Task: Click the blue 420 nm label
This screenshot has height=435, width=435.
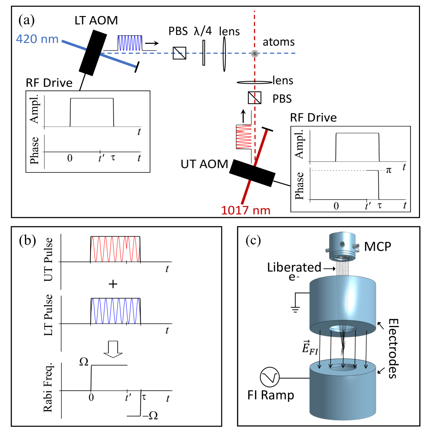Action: (37, 39)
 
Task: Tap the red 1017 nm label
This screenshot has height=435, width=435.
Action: (245, 210)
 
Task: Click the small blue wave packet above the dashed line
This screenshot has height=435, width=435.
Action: (130, 43)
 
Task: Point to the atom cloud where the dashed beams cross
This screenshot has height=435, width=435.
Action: (254, 53)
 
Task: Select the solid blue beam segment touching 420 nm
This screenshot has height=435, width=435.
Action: (74, 45)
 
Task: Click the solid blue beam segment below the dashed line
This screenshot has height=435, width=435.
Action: (118, 60)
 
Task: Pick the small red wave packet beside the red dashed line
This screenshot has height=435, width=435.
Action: (244, 137)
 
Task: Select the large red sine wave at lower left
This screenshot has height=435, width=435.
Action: (115, 249)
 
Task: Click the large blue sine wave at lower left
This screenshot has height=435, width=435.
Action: (116, 311)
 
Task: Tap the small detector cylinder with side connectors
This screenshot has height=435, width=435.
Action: (342, 247)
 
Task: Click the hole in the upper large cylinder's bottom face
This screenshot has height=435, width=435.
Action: (342, 328)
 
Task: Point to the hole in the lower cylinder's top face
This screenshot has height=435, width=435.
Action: (342, 367)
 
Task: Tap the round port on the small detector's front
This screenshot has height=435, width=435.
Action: (342, 244)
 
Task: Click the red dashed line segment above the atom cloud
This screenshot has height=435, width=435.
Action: (254, 29)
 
